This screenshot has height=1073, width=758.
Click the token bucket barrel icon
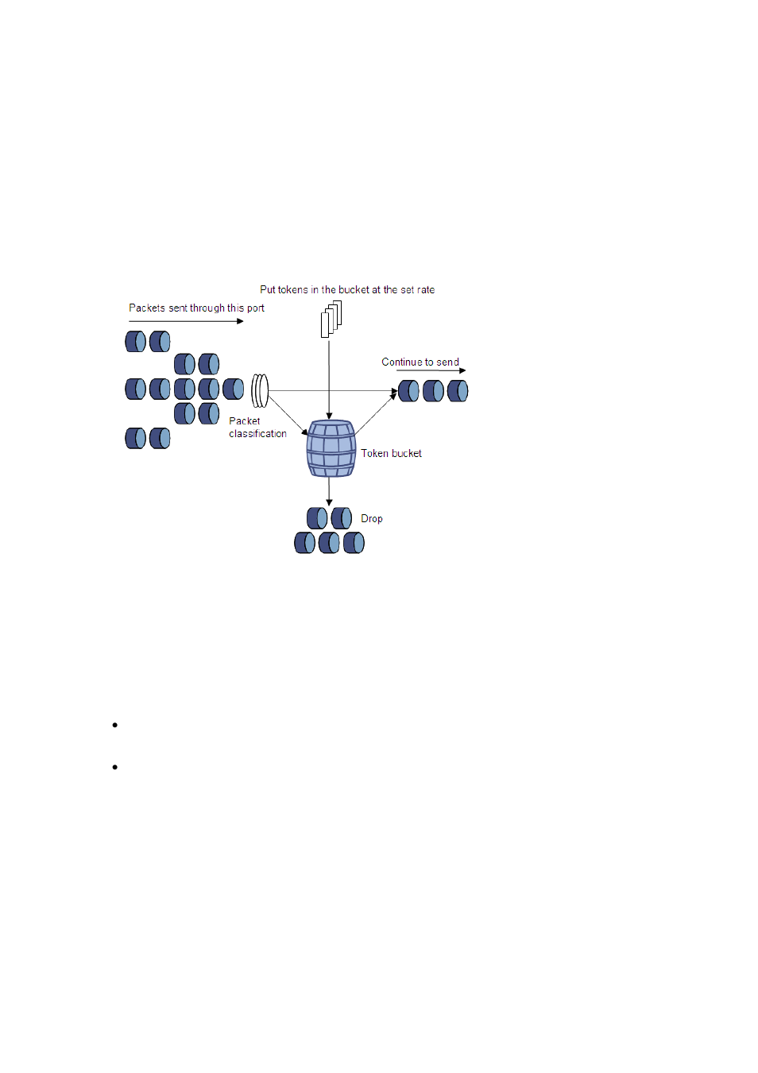[331, 448]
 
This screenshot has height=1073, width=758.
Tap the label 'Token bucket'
[391, 453]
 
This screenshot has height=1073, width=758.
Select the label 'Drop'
[371, 518]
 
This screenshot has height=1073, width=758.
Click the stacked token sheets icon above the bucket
[331, 319]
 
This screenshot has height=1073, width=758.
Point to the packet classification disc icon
[260, 390]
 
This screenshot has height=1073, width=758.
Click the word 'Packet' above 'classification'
[244, 421]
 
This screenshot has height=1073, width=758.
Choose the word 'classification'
[257, 434]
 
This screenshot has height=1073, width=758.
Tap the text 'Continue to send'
[420, 362]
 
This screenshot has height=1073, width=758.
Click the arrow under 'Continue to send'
[431, 370]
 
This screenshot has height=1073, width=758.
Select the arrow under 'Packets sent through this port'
[186, 321]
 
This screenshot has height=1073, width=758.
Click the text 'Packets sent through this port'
[196, 308]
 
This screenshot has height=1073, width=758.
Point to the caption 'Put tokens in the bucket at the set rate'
[347, 289]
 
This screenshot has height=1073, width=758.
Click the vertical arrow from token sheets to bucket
[329, 374]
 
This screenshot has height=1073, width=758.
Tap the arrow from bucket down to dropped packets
[329, 491]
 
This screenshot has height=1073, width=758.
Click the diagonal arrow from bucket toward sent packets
[376, 413]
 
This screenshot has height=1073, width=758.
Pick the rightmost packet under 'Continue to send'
[458, 391]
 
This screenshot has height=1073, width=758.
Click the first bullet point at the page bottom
[115, 725]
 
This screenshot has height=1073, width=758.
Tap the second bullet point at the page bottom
[115, 767]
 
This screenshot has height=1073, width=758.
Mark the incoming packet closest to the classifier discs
[234, 389]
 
